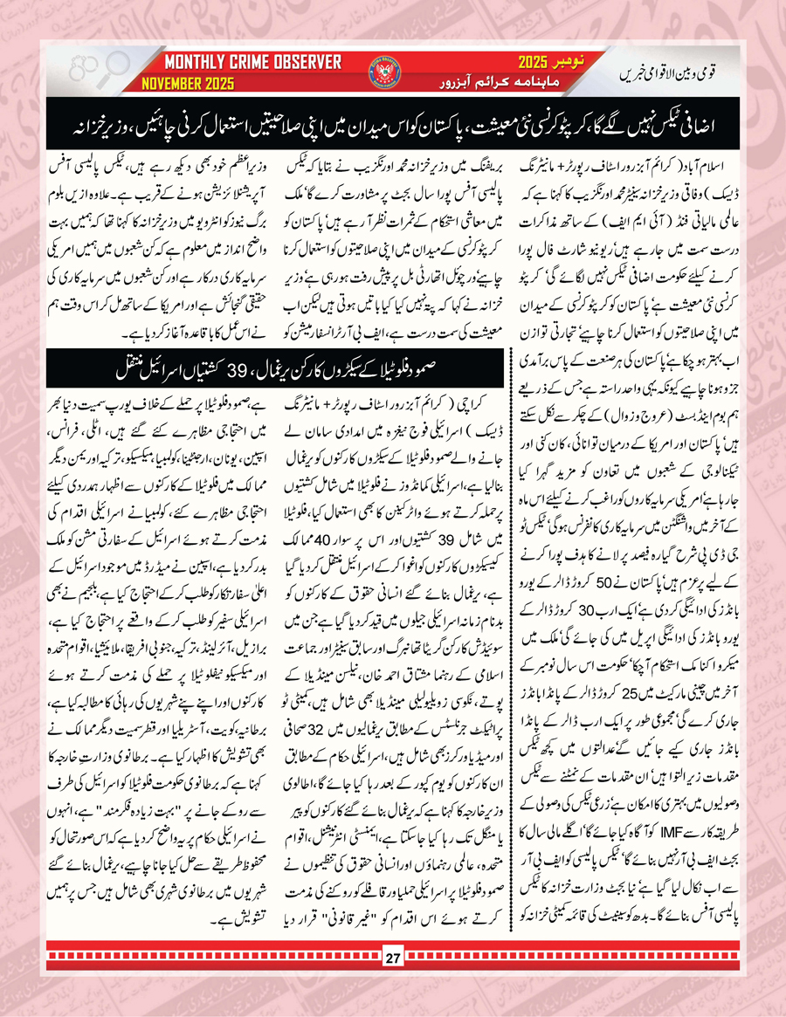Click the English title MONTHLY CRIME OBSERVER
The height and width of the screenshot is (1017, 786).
click(252, 62)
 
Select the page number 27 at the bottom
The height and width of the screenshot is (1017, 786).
click(392, 985)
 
